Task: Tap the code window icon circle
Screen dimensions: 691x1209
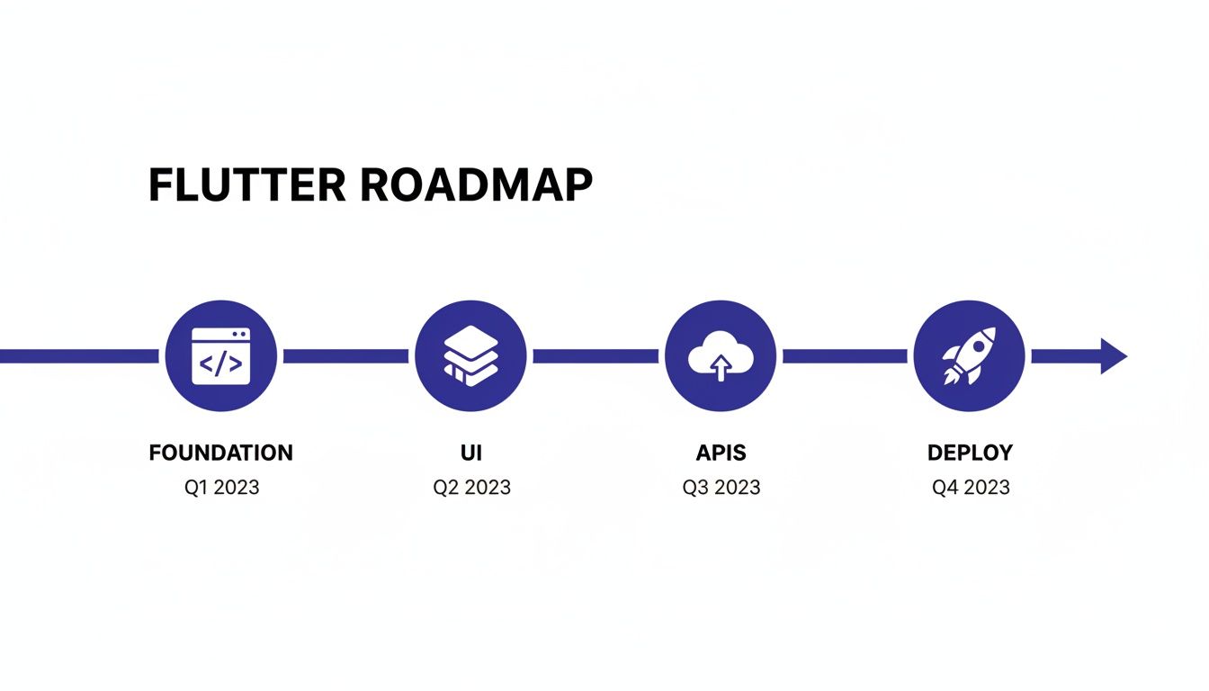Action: [220, 356]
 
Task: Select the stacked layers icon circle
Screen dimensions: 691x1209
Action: [470, 356]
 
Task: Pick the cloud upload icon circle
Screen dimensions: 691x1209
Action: [720, 356]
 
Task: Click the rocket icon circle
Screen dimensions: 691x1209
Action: [969, 356]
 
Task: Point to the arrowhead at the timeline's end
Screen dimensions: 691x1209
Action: [1113, 356]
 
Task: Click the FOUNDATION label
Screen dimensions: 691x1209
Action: [220, 453]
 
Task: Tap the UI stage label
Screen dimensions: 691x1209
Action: [470, 453]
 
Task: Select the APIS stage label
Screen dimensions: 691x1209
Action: [721, 453]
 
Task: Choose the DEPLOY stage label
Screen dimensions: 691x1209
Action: [970, 453]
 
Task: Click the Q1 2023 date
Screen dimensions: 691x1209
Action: [220, 488]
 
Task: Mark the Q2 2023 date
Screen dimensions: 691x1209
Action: [471, 488]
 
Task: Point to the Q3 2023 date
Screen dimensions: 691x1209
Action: [721, 488]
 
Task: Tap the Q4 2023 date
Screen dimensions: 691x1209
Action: [971, 488]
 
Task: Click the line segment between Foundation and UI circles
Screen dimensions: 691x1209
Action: [345, 356]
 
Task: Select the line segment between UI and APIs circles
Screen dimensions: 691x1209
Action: [596, 356]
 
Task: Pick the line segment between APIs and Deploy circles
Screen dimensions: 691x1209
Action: [845, 356]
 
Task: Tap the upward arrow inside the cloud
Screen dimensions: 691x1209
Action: [720, 366]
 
